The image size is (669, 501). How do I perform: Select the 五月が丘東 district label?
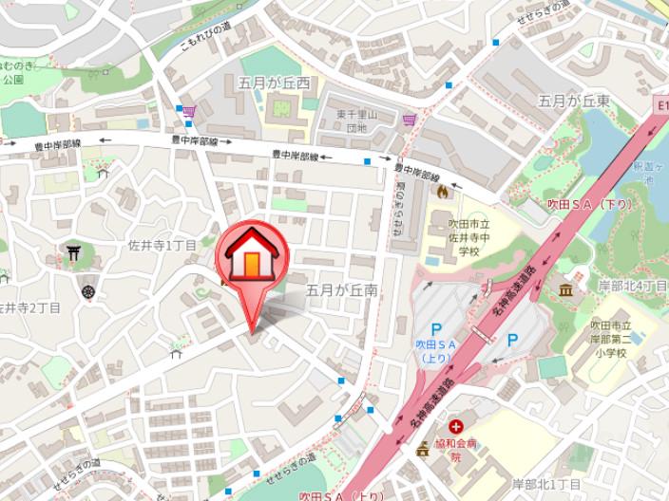point(573,101)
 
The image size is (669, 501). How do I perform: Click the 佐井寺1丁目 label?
point(162,246)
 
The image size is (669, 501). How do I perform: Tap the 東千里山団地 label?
point(355,121)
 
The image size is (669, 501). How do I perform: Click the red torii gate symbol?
point(73,253)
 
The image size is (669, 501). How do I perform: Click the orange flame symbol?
point(443,191)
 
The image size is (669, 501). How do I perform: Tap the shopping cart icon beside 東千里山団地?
point(410,120)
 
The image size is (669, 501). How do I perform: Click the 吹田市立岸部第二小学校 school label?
point(608,339)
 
